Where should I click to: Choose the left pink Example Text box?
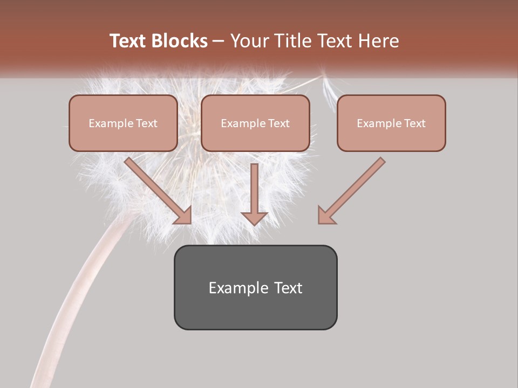tap(123, 123)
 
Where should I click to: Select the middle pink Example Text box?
tap(255, 123)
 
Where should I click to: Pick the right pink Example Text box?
tap(391, 123)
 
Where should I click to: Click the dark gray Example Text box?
tap(255, 287)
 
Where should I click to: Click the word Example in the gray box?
tap(238, 288)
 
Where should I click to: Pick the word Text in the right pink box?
tap(414, 123)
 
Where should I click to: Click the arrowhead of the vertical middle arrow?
tap(254, 217)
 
